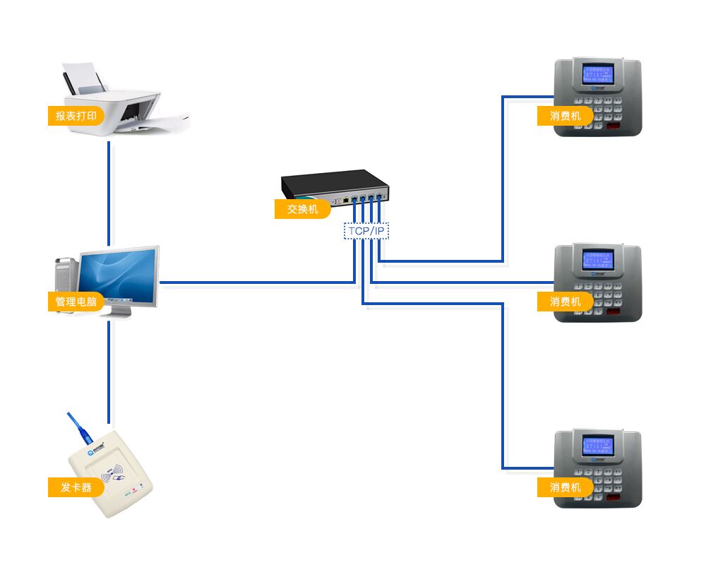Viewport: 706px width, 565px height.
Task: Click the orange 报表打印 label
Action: click(x=76, y=116)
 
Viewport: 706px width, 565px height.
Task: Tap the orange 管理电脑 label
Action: click(x=76, y=302)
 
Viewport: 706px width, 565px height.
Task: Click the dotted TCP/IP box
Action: click(x=366, y=231)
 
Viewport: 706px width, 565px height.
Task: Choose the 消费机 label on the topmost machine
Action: click(x=565, y=116)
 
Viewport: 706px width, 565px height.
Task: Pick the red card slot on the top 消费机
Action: click(x=615, y=127)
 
